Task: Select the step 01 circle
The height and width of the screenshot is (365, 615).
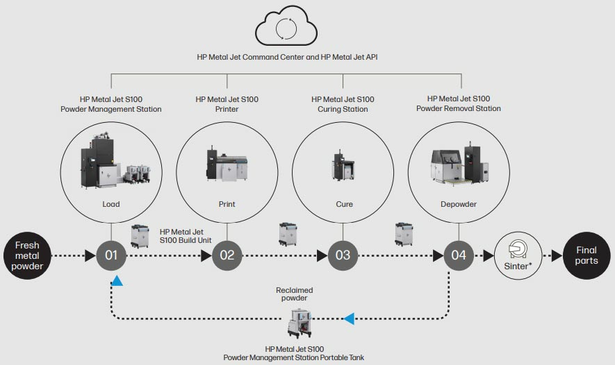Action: point(111,255)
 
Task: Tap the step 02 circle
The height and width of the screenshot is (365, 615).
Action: point(227,255)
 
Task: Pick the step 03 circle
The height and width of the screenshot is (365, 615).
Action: point(343,255)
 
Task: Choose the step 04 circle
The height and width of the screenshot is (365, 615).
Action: point(458,255)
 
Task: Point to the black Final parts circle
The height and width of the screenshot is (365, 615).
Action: point(586,255)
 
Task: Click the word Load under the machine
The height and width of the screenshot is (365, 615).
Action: point(111,204)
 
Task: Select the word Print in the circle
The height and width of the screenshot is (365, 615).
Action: point(227,204)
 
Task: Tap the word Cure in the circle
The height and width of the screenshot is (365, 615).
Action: point(343,204)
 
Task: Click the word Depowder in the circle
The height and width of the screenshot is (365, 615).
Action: point(459,204)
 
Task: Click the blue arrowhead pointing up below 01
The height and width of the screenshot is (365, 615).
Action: point(117,280)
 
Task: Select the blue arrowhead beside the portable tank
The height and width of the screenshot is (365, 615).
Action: point(349,319)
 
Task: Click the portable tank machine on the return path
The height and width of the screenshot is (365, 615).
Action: point(304,323)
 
